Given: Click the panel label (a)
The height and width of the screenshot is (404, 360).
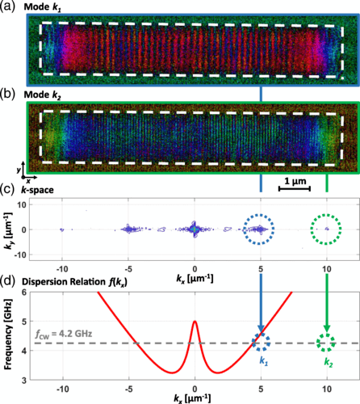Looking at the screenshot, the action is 7,6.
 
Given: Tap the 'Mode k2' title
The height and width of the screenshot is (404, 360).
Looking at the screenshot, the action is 43,95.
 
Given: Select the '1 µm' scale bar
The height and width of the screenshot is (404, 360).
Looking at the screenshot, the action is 295,188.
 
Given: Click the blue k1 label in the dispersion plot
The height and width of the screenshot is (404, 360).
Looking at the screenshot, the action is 264,361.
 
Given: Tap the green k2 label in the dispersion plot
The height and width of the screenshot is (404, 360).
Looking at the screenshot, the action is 329,362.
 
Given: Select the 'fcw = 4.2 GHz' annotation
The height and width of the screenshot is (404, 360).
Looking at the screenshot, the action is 64,335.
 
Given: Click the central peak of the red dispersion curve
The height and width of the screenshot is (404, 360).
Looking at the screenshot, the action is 195,321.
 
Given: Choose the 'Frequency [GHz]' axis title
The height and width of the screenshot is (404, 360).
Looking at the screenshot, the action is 8,334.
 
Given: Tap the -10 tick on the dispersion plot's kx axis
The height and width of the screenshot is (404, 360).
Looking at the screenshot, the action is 63,389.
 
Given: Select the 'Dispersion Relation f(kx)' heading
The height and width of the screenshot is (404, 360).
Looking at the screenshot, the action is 74,282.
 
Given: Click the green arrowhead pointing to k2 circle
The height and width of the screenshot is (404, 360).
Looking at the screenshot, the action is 327,328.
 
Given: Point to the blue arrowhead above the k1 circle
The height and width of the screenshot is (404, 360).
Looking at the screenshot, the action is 261,328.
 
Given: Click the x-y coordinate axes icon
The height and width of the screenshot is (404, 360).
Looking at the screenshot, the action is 26,173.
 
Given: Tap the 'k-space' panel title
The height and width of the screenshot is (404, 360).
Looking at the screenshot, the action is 37,190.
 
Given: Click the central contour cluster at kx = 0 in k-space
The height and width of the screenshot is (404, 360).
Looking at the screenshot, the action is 195,229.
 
